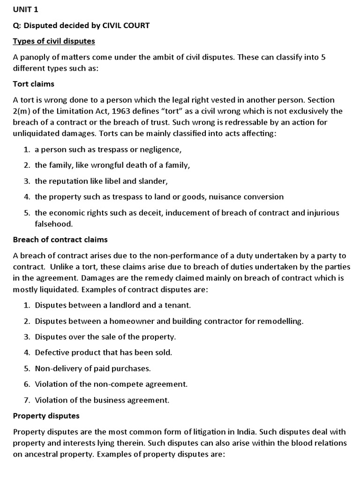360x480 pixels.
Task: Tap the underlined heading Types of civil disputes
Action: point(54,41)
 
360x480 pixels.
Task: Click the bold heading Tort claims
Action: point(34,84)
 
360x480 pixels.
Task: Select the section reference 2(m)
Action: point(23,111)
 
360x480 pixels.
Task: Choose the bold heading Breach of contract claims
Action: point(60,240)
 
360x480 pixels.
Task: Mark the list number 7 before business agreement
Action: point(27,400)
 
